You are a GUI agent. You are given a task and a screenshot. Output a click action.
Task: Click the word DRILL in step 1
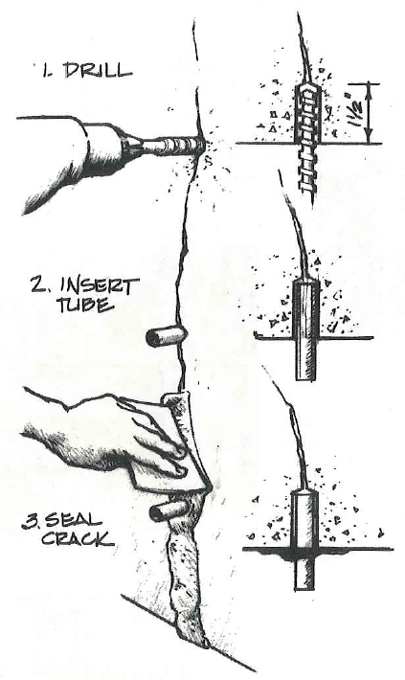(98, 71)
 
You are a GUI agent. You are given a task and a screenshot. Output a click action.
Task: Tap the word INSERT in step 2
(100, 284)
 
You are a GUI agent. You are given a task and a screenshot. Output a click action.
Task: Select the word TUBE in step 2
(85, 305)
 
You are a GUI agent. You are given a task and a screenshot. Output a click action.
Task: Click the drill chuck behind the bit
(133, 145)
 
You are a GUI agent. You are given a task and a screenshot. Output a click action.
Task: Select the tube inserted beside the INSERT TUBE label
(166, 336)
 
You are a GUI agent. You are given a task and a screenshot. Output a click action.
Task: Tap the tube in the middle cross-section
(305, 329)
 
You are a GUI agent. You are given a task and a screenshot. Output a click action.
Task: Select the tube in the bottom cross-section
(304, 540)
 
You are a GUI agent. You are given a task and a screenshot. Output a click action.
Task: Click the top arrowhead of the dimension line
(369, 87)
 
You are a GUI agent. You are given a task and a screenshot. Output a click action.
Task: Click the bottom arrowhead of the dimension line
(369, 139)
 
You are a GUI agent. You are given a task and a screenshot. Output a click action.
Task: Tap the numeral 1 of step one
(46, 70)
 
